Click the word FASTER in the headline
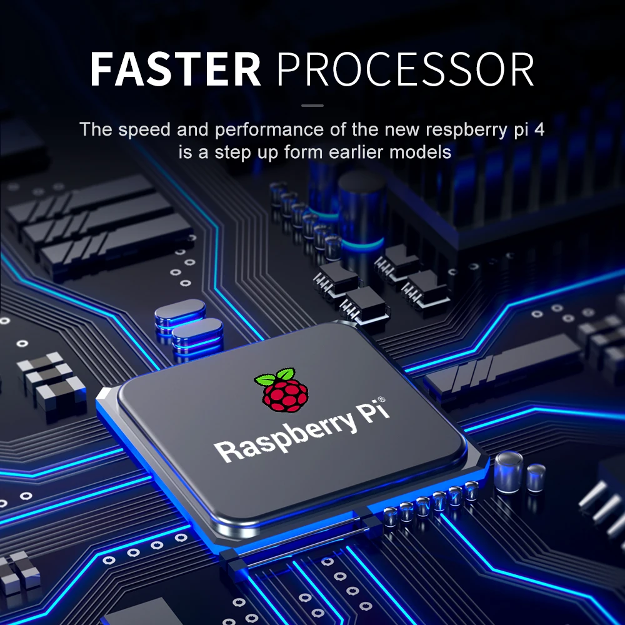tap(176, 69)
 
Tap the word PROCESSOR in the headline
tap(406, 69)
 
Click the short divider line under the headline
tap(312, 106)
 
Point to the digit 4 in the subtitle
tap(540, 129)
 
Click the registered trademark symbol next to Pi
tap(382, 399)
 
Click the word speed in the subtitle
tap(144, 131)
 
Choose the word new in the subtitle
tap(402, 130)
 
